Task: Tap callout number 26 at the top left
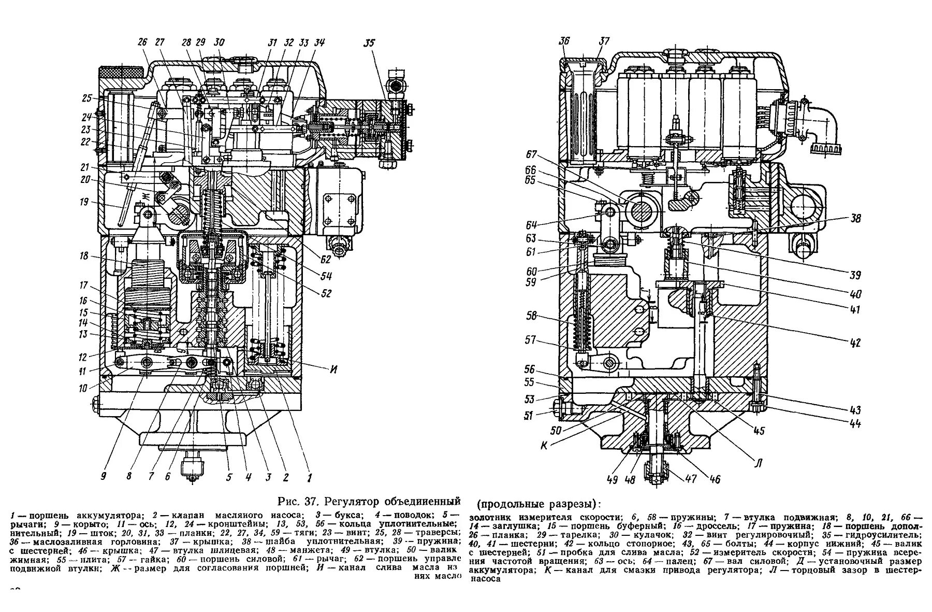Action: pos(142,44)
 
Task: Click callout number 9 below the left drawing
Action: pos(104,476)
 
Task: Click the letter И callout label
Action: pos(334,369)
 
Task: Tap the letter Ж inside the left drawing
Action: pos(147,195)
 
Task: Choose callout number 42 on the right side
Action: pos(855,343)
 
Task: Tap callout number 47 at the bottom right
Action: pos(691,478)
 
